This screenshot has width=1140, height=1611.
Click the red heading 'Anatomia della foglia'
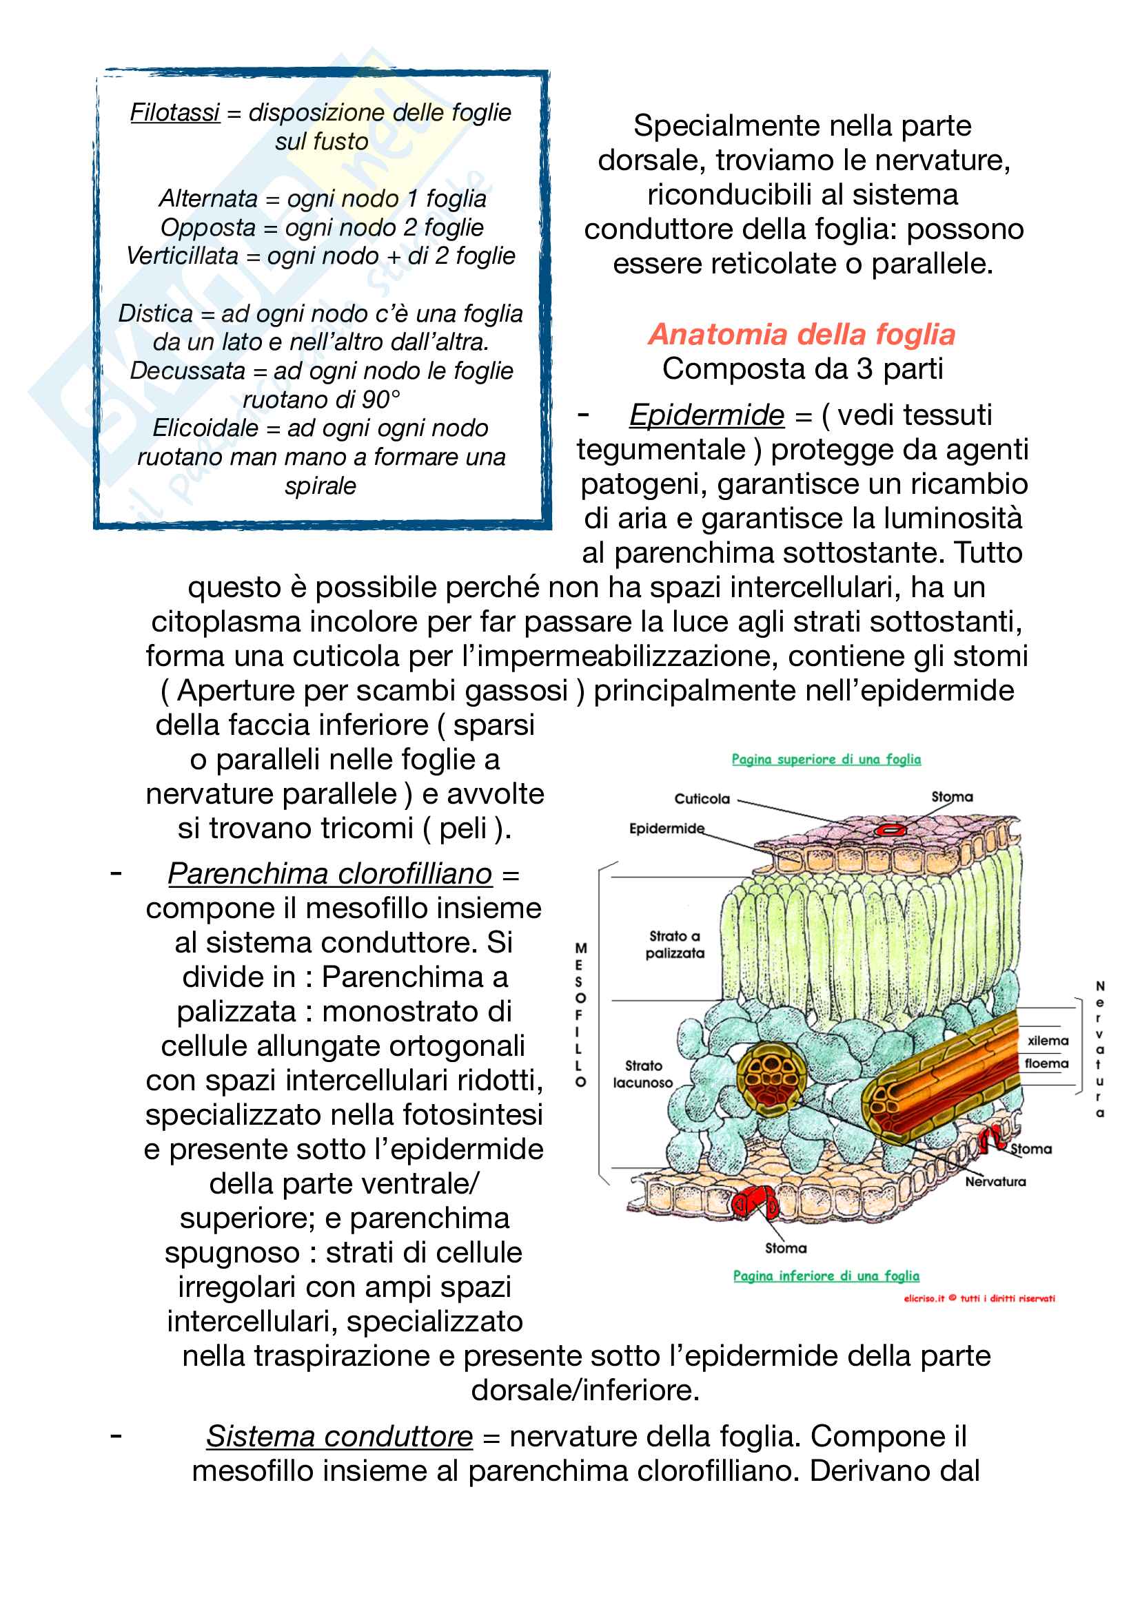coord(802,335)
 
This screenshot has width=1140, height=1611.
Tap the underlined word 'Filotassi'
coord(175,112)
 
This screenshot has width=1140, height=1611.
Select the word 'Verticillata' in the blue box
coord(183,256)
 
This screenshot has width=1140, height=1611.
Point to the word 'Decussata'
coord(187,371)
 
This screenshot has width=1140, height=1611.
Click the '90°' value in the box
coord(382,399)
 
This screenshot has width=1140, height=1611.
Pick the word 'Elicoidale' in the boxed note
coord(205,428)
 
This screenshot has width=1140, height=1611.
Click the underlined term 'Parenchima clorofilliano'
coord(330,873)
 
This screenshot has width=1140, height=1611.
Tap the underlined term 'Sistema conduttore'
coord(340,1436)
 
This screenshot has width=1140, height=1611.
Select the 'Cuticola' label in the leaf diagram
coord(702,798)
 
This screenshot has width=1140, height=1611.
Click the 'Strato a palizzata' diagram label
coord(675,944)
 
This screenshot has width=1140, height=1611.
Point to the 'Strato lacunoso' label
coord(642,1074)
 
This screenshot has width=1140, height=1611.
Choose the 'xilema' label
coord(1048,1041)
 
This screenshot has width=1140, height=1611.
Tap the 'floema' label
coord(1046,1063)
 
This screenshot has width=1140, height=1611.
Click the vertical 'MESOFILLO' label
coord(580,1015)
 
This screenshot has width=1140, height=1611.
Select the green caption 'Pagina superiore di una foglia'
coord(826,759)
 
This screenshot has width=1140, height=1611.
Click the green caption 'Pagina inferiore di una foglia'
coord(826,1276)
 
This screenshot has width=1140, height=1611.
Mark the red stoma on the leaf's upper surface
coord(890,829)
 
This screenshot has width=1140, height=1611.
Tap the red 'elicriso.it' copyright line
coord(979,1298)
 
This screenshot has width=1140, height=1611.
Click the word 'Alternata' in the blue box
coord(208,198)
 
